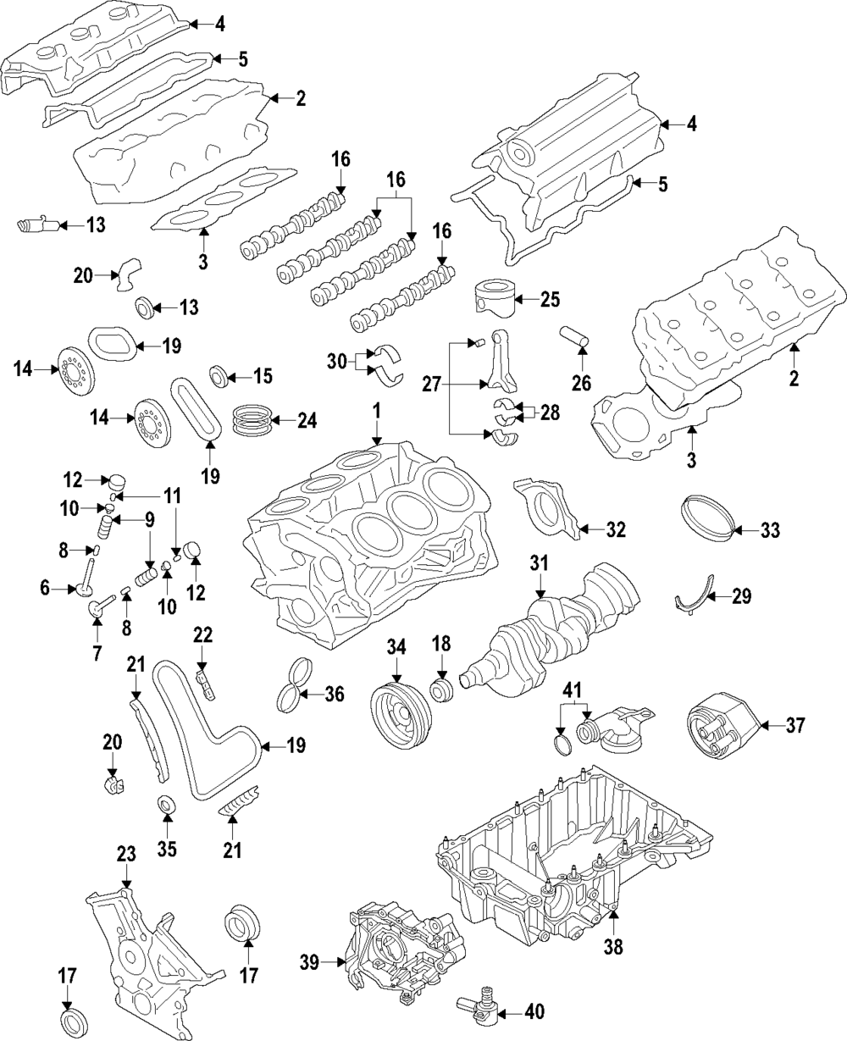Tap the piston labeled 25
[495, 298]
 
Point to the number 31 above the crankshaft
[539, 563]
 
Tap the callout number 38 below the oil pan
[613, 947]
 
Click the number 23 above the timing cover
[126, 855]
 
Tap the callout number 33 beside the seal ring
[770, 529]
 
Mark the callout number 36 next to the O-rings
[335, 694]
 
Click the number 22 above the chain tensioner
[202, 635]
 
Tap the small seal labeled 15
[218, 376]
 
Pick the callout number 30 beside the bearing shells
[337, 363]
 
